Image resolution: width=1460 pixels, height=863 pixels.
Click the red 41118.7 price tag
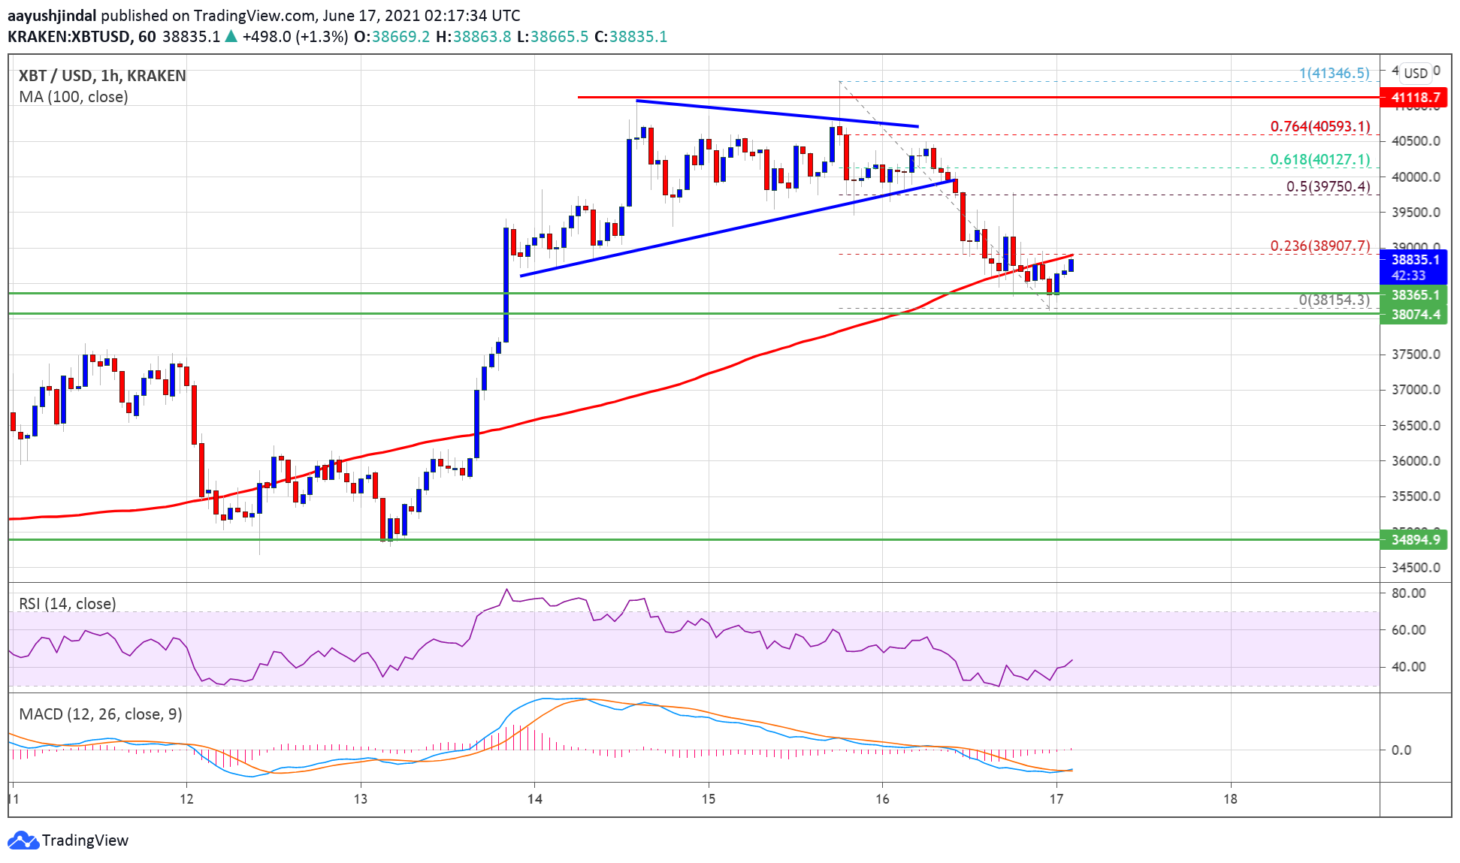click(x=1414, y=97)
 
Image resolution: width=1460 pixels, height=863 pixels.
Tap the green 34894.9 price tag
click(x=1414, y=539)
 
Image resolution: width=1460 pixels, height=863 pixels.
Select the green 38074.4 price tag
click(x=1414, y=314)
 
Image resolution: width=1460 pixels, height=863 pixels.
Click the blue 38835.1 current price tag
click(x=1414, y=260)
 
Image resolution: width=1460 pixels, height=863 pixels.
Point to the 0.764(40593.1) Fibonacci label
click(x=1319, y=126)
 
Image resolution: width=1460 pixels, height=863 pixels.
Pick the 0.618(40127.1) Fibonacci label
click(x=1319, y=159)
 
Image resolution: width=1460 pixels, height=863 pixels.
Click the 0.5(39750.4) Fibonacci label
click(x=1328, y=186)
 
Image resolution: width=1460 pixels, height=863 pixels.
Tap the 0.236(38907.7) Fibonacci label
click(x=1319, y=246)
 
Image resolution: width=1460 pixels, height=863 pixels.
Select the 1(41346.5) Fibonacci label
click(x=1335, y=73)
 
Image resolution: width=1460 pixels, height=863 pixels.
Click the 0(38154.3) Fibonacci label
click(x=1334, y=300)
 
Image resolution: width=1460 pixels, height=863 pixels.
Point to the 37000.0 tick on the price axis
click(x=1416, y=390)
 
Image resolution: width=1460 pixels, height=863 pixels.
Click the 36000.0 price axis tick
click(x=1416, y=461)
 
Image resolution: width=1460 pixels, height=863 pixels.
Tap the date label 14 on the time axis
click(x=534, y=798)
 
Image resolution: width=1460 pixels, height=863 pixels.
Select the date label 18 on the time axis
click(x=1229, y=798)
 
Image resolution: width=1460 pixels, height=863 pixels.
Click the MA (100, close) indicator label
click(x=74, y=97)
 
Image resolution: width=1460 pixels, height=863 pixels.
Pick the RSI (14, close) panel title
click(x=68, y=604)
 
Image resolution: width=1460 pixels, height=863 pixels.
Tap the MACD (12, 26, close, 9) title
click(x=101, y=714)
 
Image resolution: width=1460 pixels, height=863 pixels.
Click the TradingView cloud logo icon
click(x=23, y=840)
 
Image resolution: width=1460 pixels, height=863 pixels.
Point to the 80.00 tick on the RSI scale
click(x=1408, y=593)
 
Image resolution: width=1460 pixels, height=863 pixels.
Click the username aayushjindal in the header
click(x=52, y=15)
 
